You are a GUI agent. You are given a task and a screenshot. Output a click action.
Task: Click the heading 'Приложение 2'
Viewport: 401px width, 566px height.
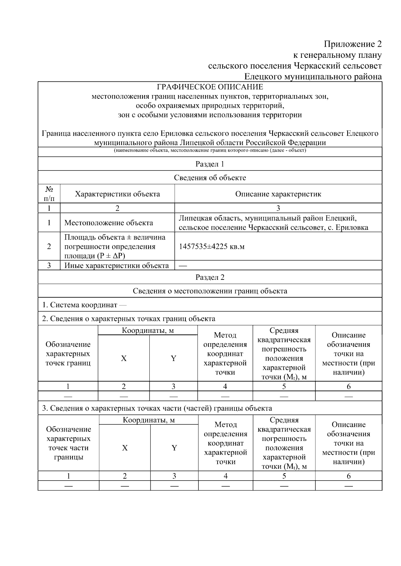click(x=353, y=44)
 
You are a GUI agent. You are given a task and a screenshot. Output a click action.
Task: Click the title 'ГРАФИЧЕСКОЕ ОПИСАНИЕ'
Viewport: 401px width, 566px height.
click(x=210, y=87)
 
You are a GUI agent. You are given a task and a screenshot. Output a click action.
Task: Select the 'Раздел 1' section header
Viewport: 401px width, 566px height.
click(x=210, y=164)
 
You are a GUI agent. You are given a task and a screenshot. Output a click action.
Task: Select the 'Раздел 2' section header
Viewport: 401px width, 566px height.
click(x=210, y=277)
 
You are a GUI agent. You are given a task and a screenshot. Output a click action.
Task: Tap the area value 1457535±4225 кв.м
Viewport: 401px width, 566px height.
click(x=212, y=247)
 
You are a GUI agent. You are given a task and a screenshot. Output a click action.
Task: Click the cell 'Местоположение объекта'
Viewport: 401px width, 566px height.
click(x=109, y=223)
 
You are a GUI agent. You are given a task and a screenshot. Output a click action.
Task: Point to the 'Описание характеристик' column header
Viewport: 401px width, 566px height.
click(x=278, y=194)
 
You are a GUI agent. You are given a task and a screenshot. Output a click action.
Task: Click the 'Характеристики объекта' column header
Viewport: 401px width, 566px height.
click(x=117, y=194)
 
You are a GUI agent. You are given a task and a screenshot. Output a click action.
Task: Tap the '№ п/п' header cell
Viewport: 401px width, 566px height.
click(x=49, y=194)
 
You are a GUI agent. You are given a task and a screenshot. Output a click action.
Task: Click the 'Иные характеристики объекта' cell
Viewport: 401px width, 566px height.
click(x=116, y=266)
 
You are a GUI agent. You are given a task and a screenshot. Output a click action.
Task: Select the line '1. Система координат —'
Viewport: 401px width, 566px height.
click(x=84, y=305)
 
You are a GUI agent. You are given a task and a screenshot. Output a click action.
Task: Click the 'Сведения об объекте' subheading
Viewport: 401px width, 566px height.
click(x=210, y=178)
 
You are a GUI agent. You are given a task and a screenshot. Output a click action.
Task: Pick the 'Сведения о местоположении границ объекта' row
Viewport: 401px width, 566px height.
click(x=210, y=291)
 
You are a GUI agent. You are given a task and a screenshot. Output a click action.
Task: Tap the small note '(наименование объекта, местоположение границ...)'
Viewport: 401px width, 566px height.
click(x=210, y=150)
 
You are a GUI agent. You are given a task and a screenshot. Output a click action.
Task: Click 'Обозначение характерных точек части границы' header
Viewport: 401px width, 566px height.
click(x=69, y=443)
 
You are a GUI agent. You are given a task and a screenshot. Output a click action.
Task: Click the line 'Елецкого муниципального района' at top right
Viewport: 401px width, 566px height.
click(x=313, y=77)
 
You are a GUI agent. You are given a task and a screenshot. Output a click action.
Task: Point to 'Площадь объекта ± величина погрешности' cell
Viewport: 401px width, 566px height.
click(x=115, y=247)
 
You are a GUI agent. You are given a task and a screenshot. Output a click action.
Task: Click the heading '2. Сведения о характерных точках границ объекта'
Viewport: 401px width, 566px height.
click(x=129, y=319)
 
